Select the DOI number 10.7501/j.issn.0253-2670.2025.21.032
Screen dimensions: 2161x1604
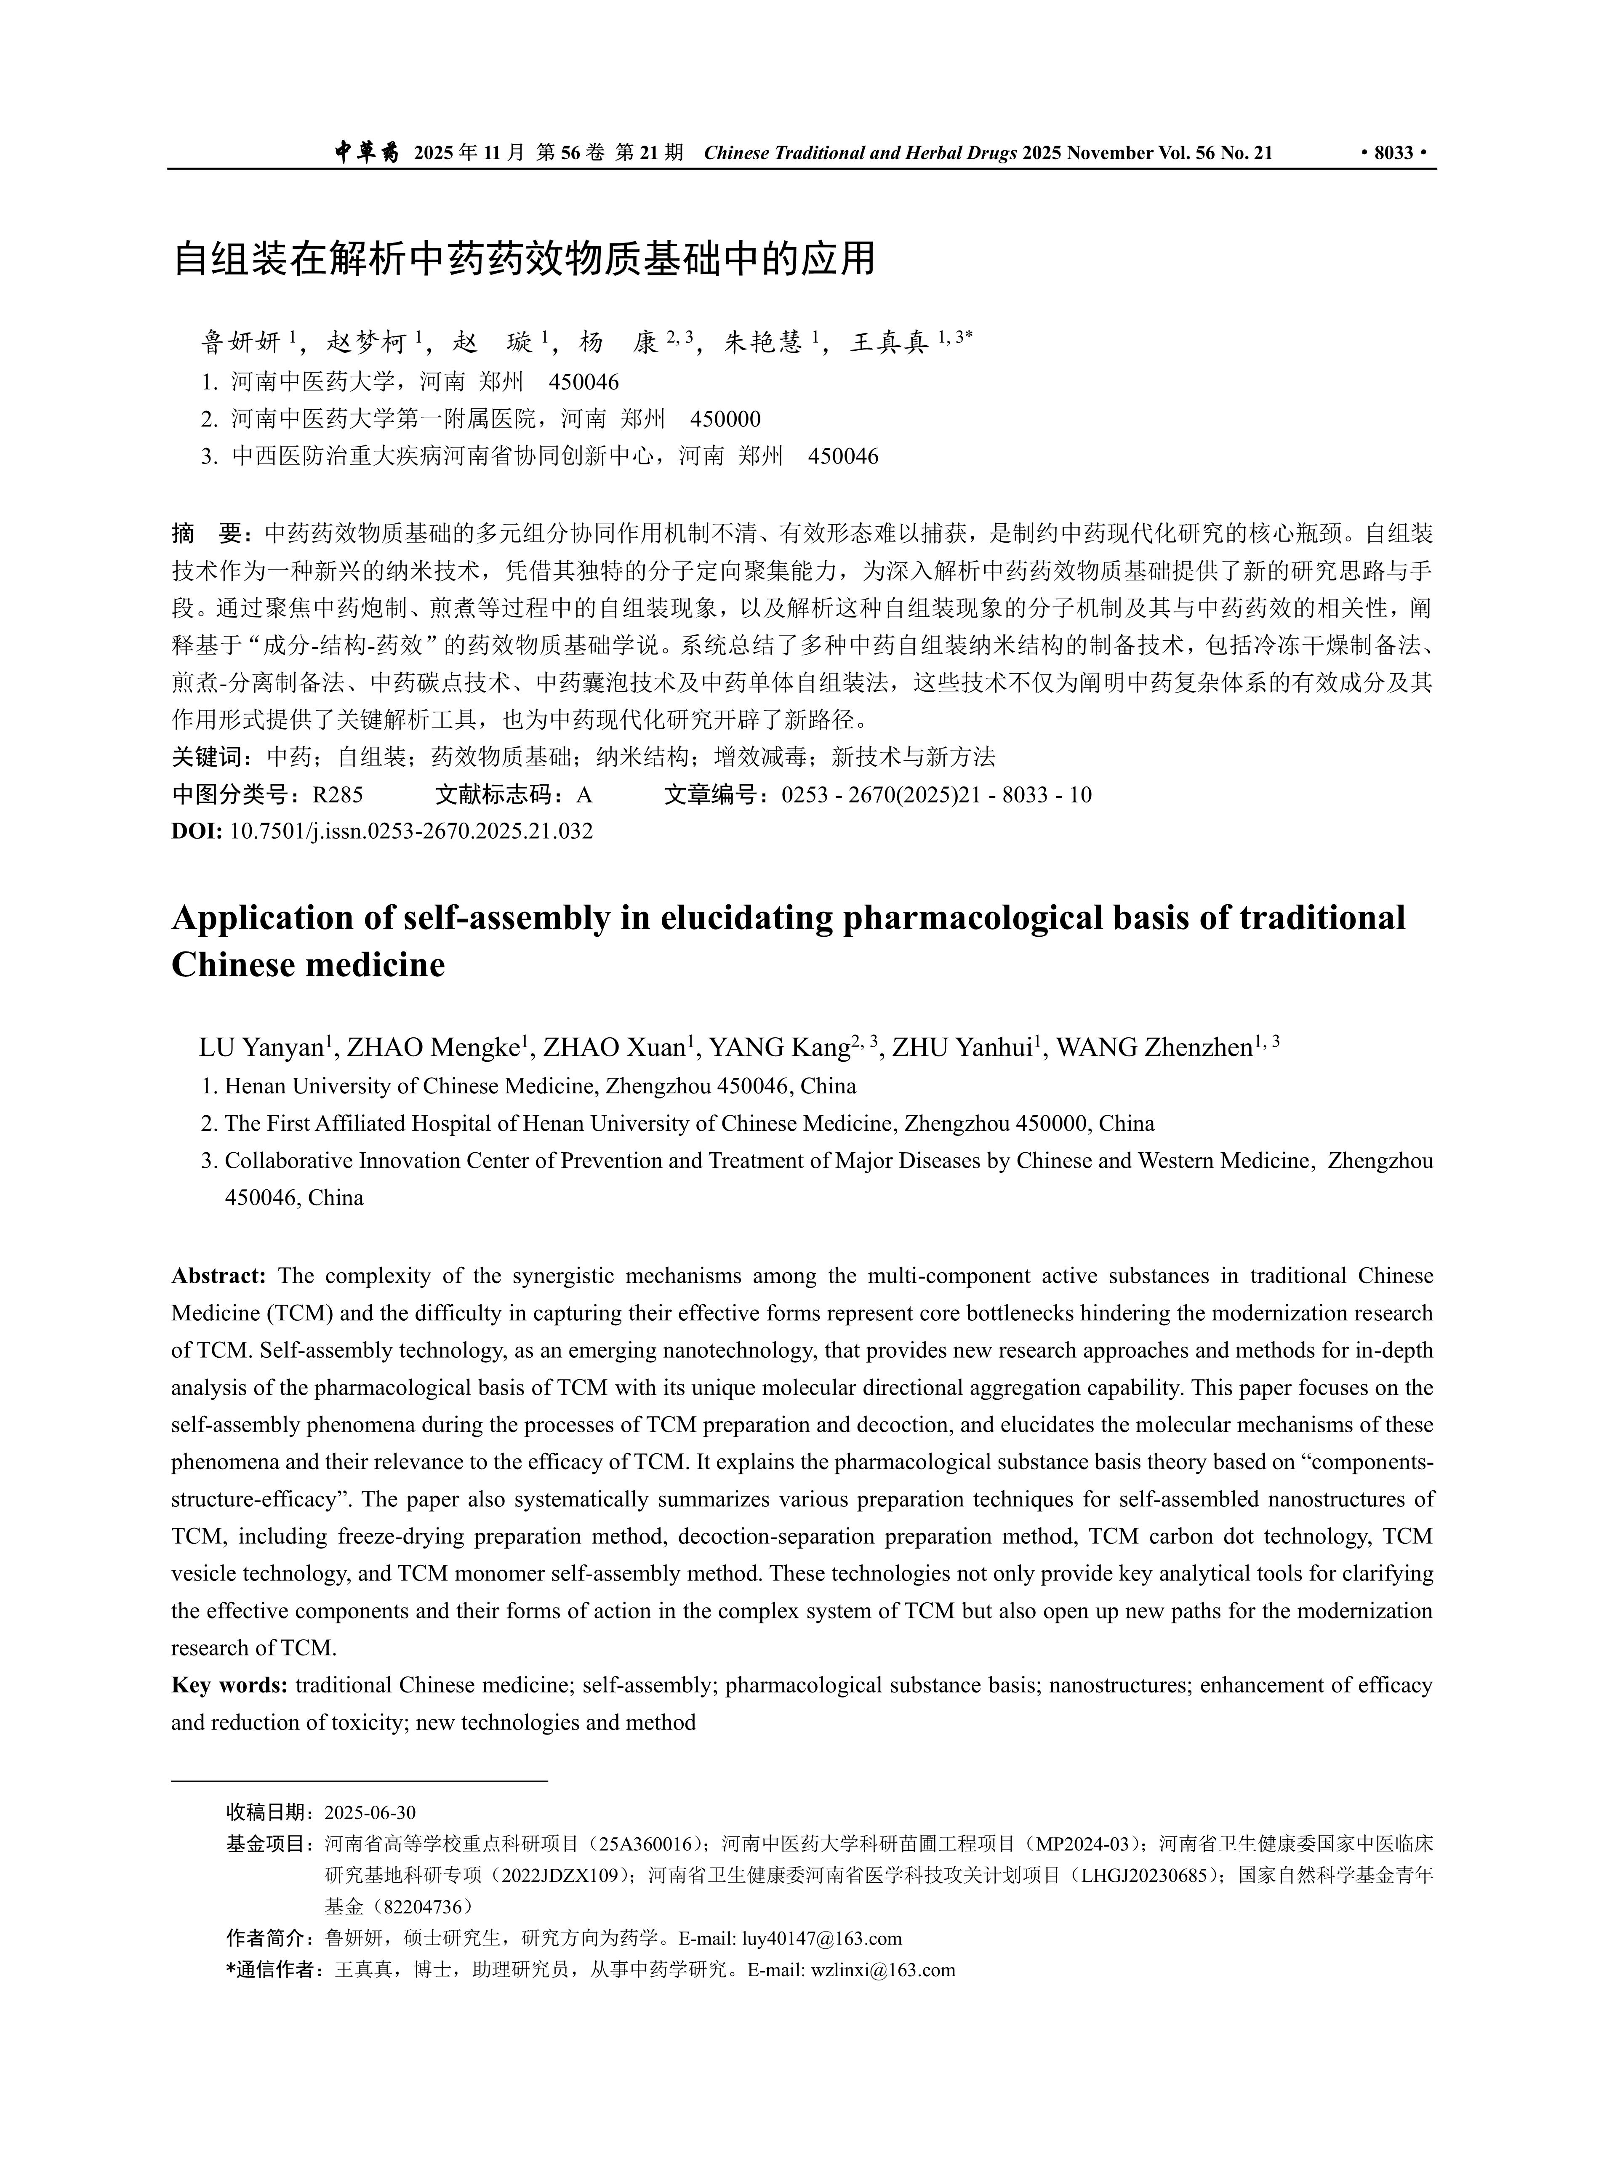pyautogui.click(x=411, y=831)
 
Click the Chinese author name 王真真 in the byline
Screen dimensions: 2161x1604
pyautogui.click(x=888, y=342)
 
